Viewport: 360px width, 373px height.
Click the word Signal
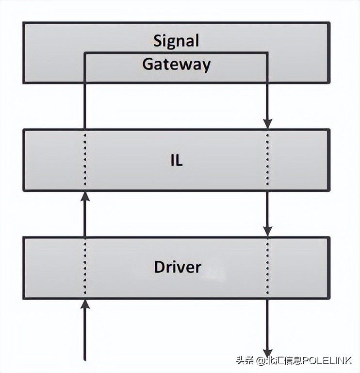click(x=176, y=41)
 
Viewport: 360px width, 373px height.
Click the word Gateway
click(x=176, y=65)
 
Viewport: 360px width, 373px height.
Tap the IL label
click(x=177, y=160)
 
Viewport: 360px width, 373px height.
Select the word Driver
click(x=178, y=267)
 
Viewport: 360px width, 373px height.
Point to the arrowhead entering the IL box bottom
click(x=85, y=197)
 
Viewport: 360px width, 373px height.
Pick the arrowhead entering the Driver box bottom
click(x=85, y=304)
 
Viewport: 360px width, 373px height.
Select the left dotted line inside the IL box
click(x=85, y=160)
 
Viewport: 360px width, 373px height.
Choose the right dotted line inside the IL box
click(x=267, y=160)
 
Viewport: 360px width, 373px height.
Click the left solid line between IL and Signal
click(x=85, y=106)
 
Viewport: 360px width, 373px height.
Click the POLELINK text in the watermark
click(x=327, y=361)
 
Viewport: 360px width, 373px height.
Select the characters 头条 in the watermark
click(x=245, y=361)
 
